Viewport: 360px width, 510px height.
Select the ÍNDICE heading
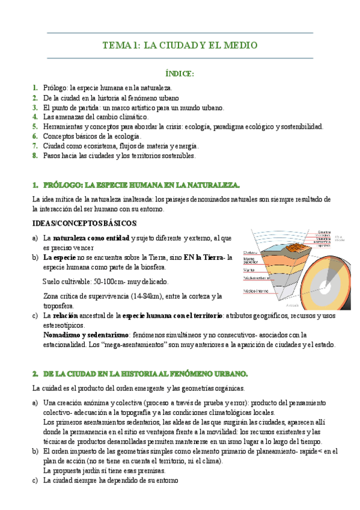click(179, 73)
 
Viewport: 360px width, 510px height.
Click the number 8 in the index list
click(35, 155)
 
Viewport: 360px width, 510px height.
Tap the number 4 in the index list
click(35, 117)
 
